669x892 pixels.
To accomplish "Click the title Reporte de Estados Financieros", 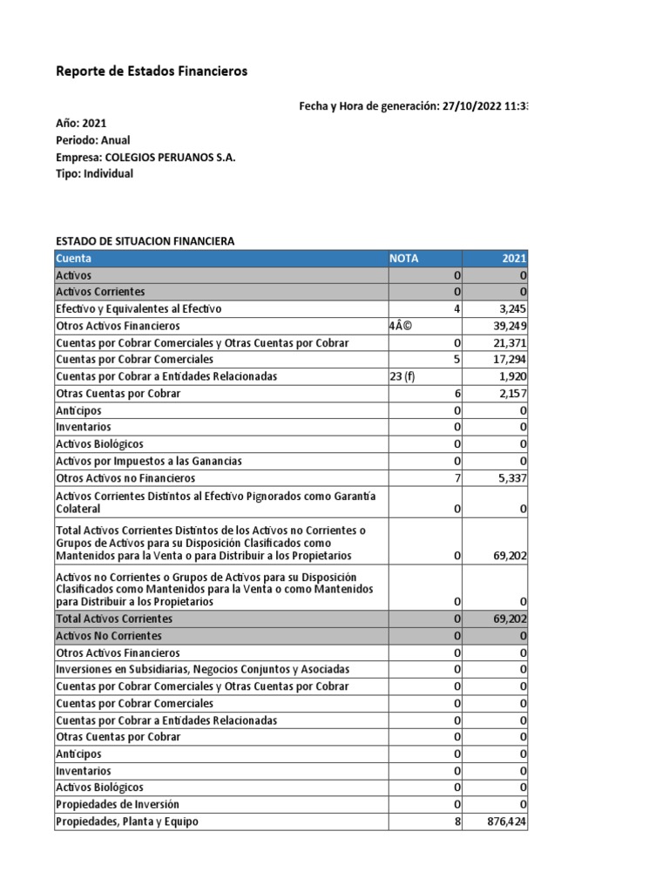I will point(152,71).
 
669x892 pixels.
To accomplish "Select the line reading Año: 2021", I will point(81,124).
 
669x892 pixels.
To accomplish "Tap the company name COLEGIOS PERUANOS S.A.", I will point(170,157).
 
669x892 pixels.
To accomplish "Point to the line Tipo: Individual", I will point(94,173).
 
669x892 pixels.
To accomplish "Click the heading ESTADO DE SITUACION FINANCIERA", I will point(145,241).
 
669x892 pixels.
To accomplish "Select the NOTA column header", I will point(403,259).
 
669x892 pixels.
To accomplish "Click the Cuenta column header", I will point(74,259).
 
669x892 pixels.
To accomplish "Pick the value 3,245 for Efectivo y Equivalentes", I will point(510,309).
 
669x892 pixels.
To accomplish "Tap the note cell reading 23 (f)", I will point(406,376).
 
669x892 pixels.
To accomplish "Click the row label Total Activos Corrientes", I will point(114,618).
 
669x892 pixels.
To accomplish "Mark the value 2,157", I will point(511,394).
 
